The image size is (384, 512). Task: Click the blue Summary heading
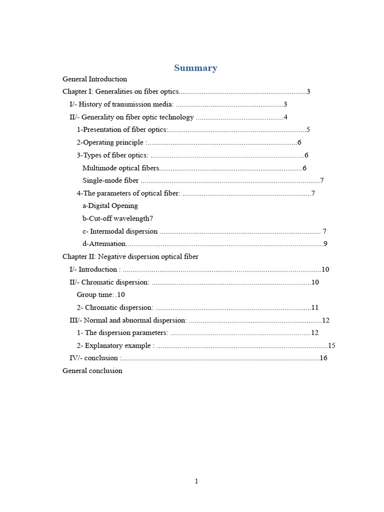pyautogui.click(x=195, y=68)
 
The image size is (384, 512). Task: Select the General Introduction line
pyautogui.click(x=94, y=79)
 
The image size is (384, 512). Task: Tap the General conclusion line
pyautogui.click(x=92, y=370)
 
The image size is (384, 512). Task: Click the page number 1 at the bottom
pyautogui.click(x=196, y=481)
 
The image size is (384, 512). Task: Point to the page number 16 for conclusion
pyautogui.click(x=323, y=358)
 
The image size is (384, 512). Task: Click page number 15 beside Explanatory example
pyautogui.click(x=331, y=345)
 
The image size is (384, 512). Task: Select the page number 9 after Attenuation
pyautogui.click(x=325, y=244)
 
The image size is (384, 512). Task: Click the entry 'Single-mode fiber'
pyautogui.click(x=110, y=180)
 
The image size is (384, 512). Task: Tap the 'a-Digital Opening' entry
pyautogui.click(x=110, y=205)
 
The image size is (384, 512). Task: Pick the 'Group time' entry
pyautogui.click(x=95, y=294)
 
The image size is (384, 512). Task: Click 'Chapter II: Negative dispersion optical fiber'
pyautogui.click(x=130, y=256)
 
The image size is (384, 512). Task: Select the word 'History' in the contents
pyautogui.click(x=90, y=104)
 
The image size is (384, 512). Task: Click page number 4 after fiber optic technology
pyautogui.click(x=285, y=117)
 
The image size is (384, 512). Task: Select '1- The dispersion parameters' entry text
pyautogui.click(x=122, y=332)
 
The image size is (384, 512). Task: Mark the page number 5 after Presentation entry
pyautogui.click(x=308, y=130)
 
